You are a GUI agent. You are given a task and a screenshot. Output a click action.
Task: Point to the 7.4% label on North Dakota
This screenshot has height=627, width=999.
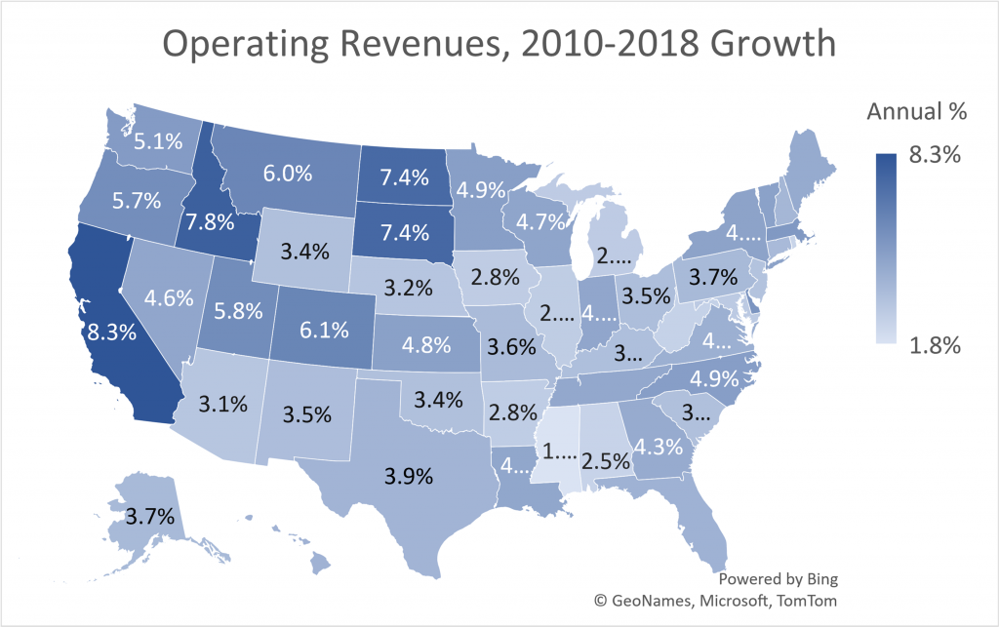(402, 176)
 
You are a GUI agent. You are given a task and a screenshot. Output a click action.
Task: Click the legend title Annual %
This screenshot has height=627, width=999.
(916, 112)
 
